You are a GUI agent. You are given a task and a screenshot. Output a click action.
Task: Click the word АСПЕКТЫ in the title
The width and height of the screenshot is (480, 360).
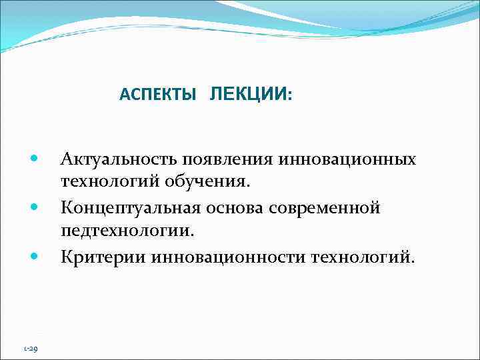click(158, 95)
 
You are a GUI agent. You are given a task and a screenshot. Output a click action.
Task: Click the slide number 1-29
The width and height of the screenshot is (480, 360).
click(31, 348)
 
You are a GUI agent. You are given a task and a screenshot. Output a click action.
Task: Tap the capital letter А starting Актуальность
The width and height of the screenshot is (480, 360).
click(67, 160)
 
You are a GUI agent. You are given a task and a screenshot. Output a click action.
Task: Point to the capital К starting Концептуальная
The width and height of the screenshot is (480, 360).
click(67, 208)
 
